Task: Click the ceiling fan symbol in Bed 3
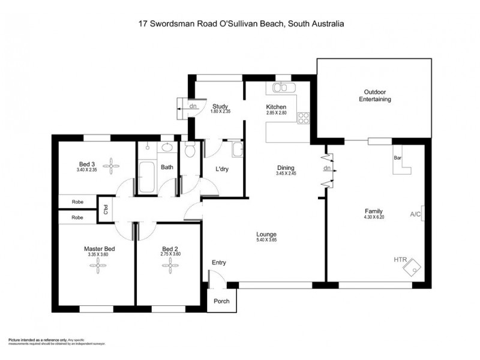coord(111,163)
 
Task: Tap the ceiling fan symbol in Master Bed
coord(99,268)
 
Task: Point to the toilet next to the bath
coord(190,150)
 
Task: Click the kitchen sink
coord(281,88)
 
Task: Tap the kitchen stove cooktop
coord(304,118)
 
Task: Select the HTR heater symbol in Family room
coord(413,266)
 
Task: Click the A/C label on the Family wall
coord(415,214)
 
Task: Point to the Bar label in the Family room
coord(397,158)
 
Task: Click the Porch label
coord(221,301)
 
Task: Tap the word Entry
coord(219,263)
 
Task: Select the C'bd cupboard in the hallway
coord(106,209)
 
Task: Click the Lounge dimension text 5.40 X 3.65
coord(266,240)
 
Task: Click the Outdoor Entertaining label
coord(375,95)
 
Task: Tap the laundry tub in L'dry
coord(237,150)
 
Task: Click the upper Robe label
coord(77,202)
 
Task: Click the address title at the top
coord(240,24)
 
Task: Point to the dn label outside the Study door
coord(193,107)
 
